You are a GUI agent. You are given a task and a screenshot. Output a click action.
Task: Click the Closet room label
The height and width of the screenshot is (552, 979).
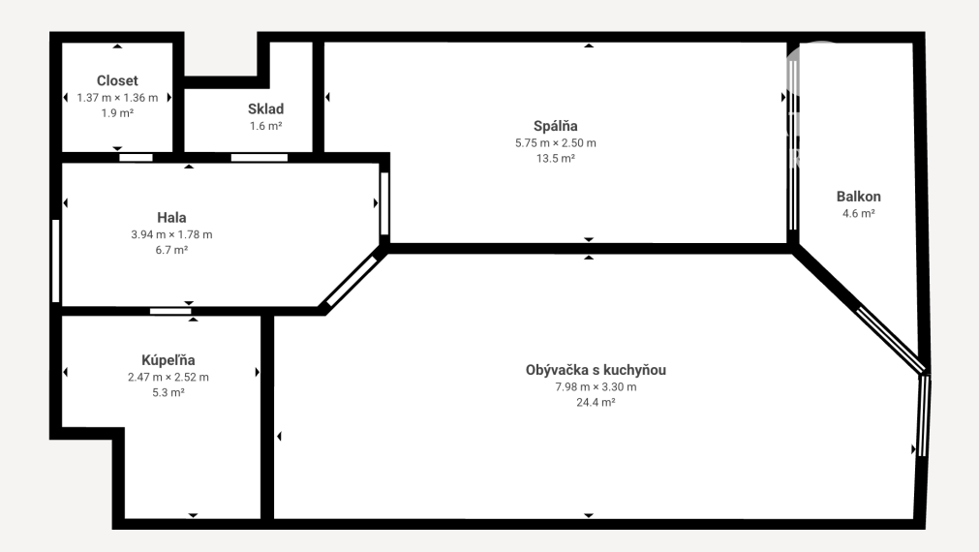coord(117,80)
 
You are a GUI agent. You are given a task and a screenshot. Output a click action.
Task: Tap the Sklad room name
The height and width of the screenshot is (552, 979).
coord(266,108)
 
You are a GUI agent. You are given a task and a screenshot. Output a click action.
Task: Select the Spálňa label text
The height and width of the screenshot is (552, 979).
coord(556,126)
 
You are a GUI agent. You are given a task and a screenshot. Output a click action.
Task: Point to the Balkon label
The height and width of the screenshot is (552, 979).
coord(859,196)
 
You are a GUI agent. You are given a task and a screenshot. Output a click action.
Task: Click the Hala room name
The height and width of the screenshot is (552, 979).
coord(171,217)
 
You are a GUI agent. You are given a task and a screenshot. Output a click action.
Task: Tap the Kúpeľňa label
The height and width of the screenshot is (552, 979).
coord(168,359)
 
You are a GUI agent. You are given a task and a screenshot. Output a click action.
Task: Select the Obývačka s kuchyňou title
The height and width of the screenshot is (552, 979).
coord(596,370)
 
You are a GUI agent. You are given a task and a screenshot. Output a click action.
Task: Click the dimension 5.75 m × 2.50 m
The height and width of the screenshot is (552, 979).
coord(556,143)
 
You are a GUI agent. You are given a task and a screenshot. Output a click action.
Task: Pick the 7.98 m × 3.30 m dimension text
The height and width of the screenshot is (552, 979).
coord(597,387)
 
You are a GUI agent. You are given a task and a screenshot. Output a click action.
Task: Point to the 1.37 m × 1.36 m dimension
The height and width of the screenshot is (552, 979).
coord(117,98)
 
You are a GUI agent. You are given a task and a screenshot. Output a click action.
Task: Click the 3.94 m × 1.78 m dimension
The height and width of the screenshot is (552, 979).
coord(171,234)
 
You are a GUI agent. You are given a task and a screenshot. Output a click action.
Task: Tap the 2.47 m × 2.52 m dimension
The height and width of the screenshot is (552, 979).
coord(168,377)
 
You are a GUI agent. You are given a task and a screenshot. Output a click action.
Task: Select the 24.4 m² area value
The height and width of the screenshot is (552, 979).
coord(596,403)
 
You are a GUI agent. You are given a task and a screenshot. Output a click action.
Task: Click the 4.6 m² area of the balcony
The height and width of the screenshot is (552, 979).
coord(859,214)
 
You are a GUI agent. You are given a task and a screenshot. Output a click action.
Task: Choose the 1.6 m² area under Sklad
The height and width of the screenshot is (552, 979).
coord(266,126)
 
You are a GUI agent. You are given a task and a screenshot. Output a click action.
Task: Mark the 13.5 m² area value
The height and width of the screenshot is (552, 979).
coord(556,159)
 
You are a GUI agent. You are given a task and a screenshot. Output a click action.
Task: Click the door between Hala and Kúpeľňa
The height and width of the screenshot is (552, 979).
coord(170,311)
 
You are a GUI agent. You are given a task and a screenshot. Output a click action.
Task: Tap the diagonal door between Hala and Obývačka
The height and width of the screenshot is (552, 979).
coord(352,282)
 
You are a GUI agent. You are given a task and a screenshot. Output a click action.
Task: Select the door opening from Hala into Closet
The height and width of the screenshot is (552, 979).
coord(137,157)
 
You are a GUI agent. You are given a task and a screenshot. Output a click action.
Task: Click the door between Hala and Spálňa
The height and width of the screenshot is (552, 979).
coord(384,203)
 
